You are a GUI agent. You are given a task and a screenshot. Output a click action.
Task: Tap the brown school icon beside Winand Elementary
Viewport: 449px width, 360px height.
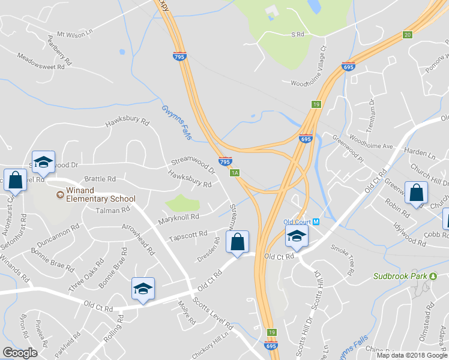(59, 195)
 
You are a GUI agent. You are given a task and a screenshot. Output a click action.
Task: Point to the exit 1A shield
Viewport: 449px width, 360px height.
(235, 173)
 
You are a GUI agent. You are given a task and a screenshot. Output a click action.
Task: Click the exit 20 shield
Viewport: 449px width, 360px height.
(408, 35)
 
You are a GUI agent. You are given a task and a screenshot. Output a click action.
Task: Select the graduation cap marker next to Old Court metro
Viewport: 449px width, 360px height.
(297, 235)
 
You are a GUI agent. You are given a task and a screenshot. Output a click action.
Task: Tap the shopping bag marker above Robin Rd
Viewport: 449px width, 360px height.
(415, 193)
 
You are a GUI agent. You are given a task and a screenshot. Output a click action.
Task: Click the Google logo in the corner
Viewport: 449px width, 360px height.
(20, 353)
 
